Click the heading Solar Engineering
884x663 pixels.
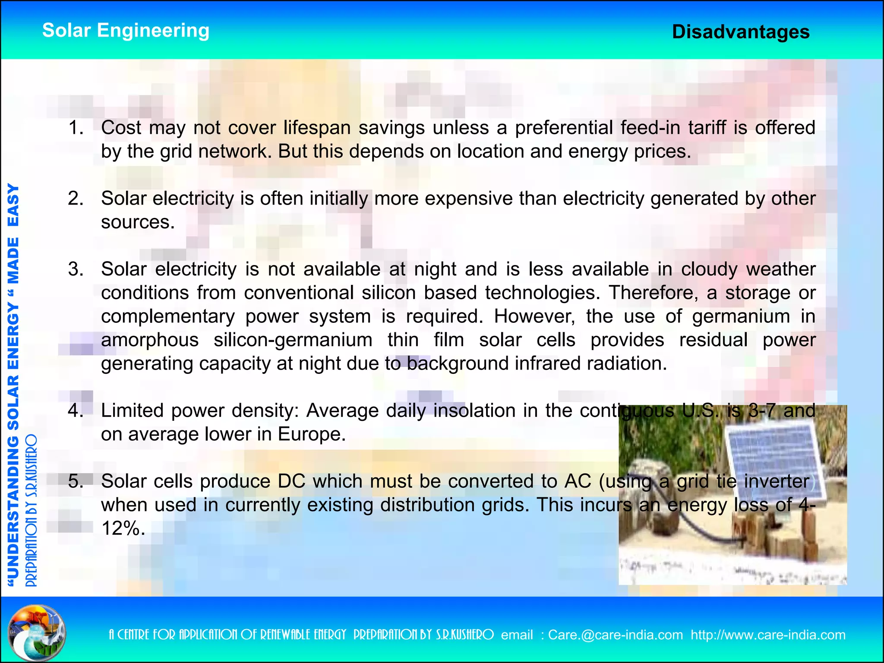coord(126,31)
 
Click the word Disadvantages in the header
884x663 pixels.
coord(741,32)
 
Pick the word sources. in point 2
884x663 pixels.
coord(138,222)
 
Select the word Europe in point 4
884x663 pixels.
coord(310,434)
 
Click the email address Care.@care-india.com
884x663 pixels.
coord(616,635)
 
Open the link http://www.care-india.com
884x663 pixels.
coord(768,635)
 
